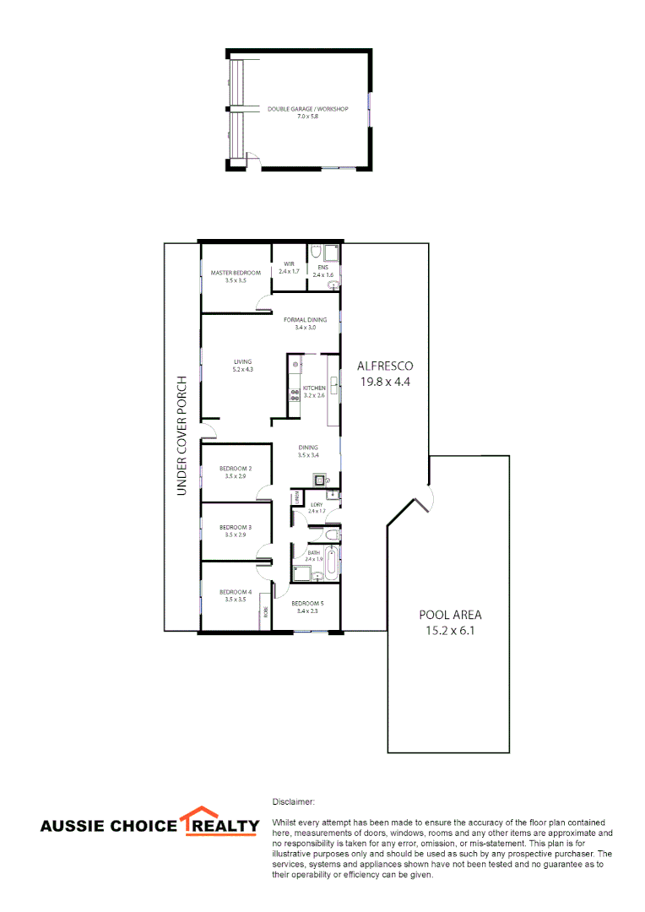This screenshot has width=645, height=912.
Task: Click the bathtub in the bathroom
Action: tap(331, 562)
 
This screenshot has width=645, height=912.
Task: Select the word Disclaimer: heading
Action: tap(293, 800)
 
